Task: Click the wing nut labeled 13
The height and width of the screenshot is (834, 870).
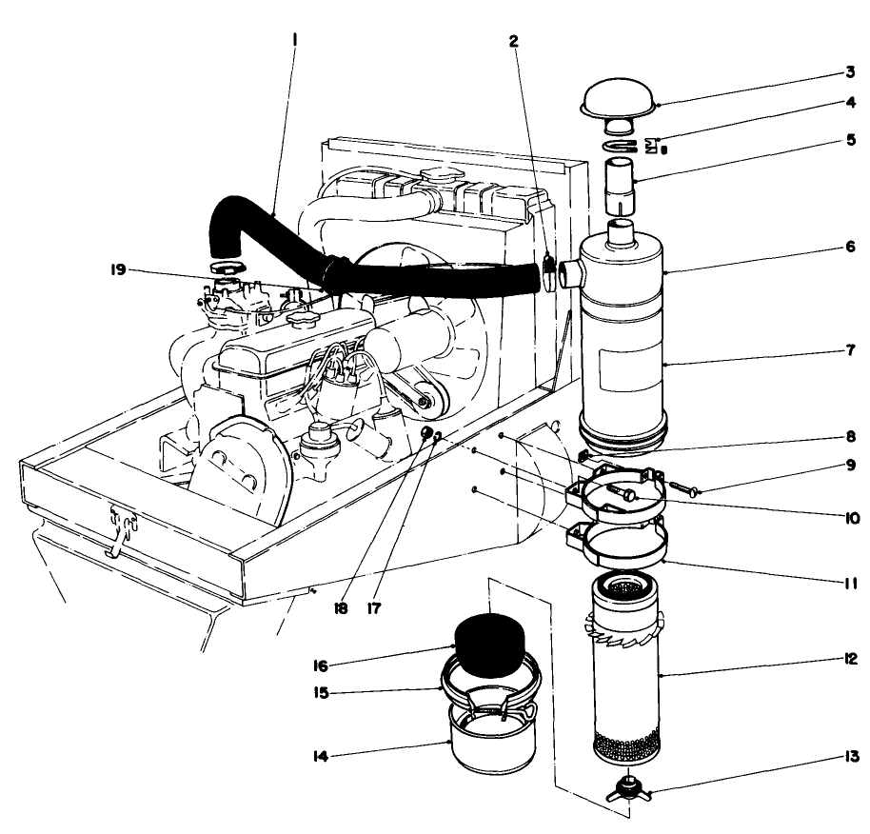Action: (x=625, y=787)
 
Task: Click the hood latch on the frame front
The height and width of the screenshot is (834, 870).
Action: (x=121, y=526)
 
